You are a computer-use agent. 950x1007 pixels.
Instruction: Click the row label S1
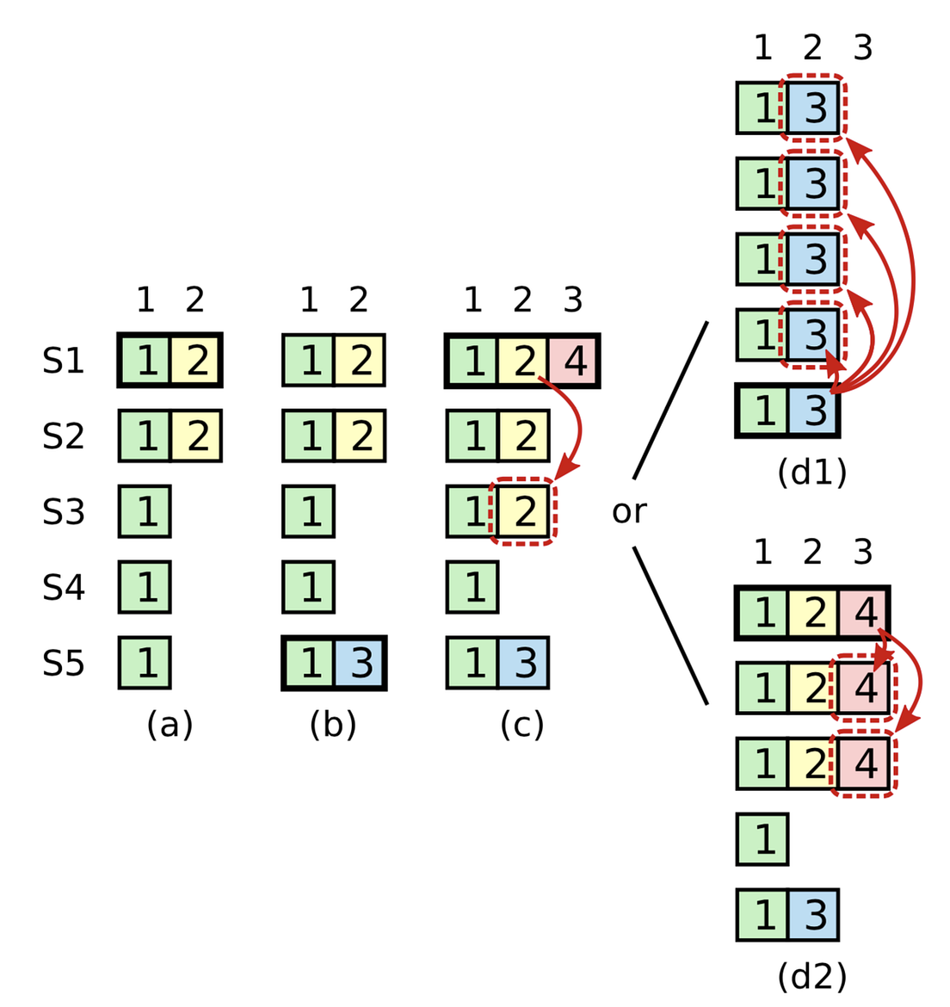pyautogui.click(x=63, y=361)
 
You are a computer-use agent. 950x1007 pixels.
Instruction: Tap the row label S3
pyautogui.click(x=63, y=512)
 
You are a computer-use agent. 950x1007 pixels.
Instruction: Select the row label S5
pyautogui.click(x=63, y=664)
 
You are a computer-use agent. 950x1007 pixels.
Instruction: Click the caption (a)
pyautogui.click(x=170, y=726)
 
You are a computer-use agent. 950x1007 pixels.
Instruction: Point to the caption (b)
pyautogui.click(x=333, y=726)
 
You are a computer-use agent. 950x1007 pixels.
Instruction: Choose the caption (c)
pyautogui.click(x=522, y=726)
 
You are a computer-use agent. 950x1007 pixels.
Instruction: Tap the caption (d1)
pyautogui.click(x=811, y=473)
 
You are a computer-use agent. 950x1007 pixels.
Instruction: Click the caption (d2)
pyautogui.click(x=811, y=977)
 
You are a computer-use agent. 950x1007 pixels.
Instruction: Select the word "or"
pyautogui.click(x=629, y=512)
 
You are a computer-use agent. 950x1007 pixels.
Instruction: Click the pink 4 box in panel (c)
pyautogui.click(x=574, y=361)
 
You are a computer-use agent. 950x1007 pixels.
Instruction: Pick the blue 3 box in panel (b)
pyautogui.click(x=361, y=664)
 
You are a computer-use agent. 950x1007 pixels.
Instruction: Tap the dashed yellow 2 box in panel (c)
pyautogui.click(x=523, y=512)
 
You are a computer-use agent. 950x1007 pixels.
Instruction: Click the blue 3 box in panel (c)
pyautogui.click(x=523, y=664)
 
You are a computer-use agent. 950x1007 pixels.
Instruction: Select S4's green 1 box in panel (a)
pyautogui.click(x=145, y=588)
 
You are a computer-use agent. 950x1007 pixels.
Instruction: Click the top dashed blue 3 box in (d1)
pyautogui.click(x=813, y=108)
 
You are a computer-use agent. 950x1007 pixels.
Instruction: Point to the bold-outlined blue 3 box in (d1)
pyautogui.click(x=813, y=411)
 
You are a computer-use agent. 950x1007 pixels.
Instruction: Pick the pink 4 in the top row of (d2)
pyautogui.click(x=864, y=613)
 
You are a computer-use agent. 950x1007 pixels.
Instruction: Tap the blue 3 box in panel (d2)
pyautogui.click(x=813, y=915)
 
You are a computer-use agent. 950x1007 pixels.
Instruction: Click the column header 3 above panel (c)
pyautogui.click(x=573, y=300)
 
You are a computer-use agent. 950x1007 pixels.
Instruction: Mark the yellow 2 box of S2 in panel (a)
pyautogui.click(x=196, y=436)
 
